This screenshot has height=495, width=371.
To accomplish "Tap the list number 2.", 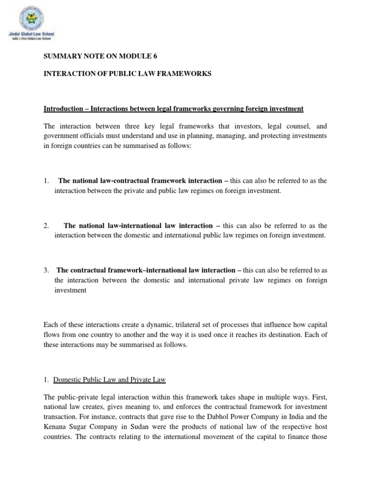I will tap(46, 225).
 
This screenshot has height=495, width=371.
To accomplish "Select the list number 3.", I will tap(46, 270).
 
